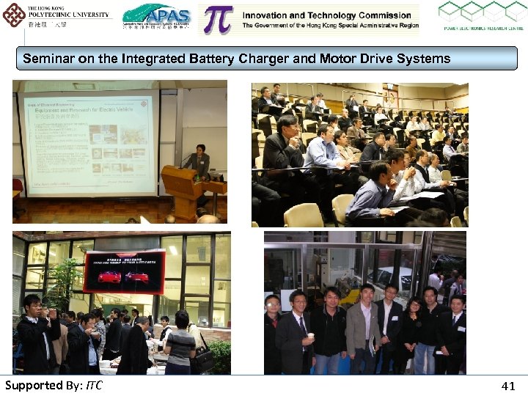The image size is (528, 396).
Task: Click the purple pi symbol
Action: [x=218, y=20]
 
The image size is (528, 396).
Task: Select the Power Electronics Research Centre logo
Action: [x=481, y=17]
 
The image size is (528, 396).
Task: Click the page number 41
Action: [x=508, y=386]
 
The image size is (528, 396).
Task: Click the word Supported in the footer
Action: [x=33, y=386]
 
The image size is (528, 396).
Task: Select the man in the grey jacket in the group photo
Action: [x=363, y=330]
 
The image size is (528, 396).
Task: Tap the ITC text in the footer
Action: [x=94, y=386]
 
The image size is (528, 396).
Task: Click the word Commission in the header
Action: [x=380, y=15]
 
